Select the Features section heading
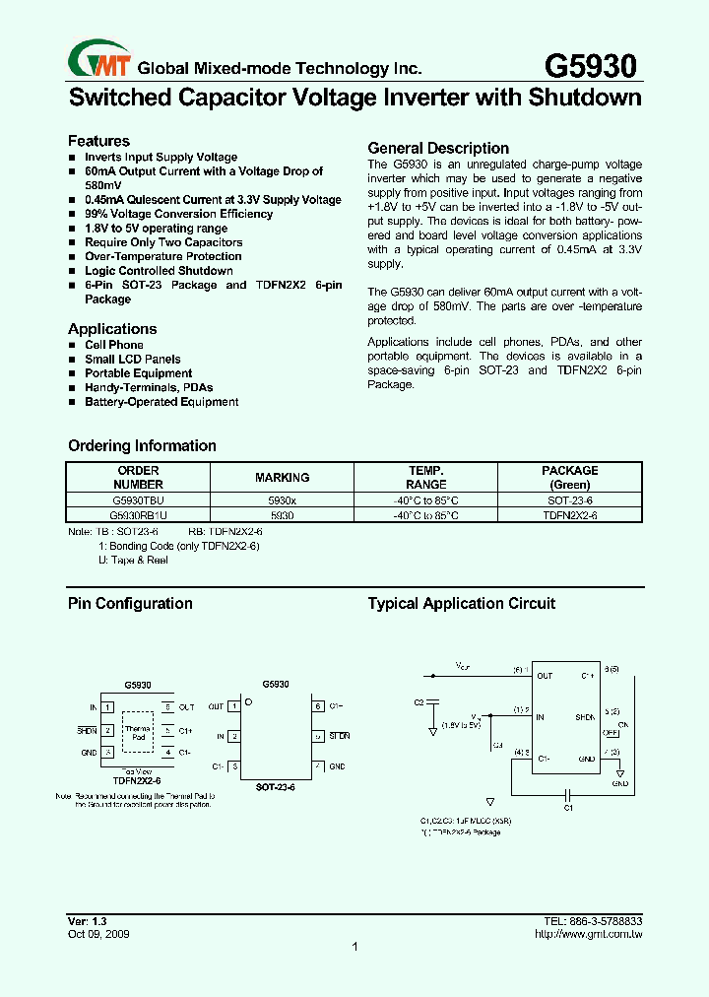(98, 141)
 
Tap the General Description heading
(437, 148)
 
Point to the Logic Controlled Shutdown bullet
(159, 271)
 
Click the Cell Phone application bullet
(113, 345)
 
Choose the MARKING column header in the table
(282, 477)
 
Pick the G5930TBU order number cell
(138, 500)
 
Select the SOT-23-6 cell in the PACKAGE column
(569, 500)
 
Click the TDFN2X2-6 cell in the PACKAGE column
(569, 515)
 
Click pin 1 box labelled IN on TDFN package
(108, 707)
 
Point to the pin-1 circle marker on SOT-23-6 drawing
(249, 701)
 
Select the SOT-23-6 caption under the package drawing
(276, 788)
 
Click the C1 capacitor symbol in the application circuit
(567, 794)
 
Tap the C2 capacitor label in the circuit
(419, 702)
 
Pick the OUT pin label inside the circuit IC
(545, 676)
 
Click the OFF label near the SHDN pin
(611, 733)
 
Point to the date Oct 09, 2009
(97, 933)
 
